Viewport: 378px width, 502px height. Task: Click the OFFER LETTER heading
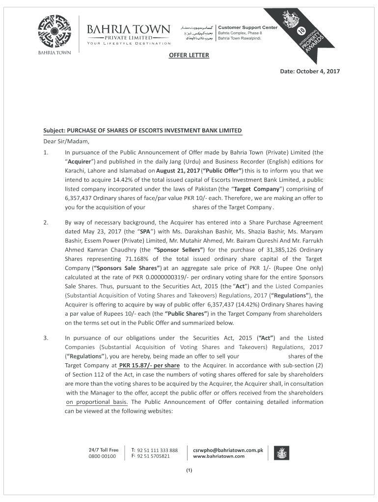point(189,55)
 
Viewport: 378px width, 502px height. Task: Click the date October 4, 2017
point(310,72)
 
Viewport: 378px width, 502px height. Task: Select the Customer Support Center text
point(247,27)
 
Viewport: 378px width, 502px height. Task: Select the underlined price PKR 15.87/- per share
point(149,366)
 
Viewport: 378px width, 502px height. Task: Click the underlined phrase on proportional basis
point(97,402)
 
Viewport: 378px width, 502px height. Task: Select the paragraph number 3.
point(46,338)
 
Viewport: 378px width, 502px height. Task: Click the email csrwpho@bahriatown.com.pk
point(228,450)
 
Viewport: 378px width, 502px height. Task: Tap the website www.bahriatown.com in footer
point(219,456)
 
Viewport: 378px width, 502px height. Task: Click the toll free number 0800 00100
point(103,456)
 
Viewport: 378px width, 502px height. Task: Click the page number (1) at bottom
point(189,472)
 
